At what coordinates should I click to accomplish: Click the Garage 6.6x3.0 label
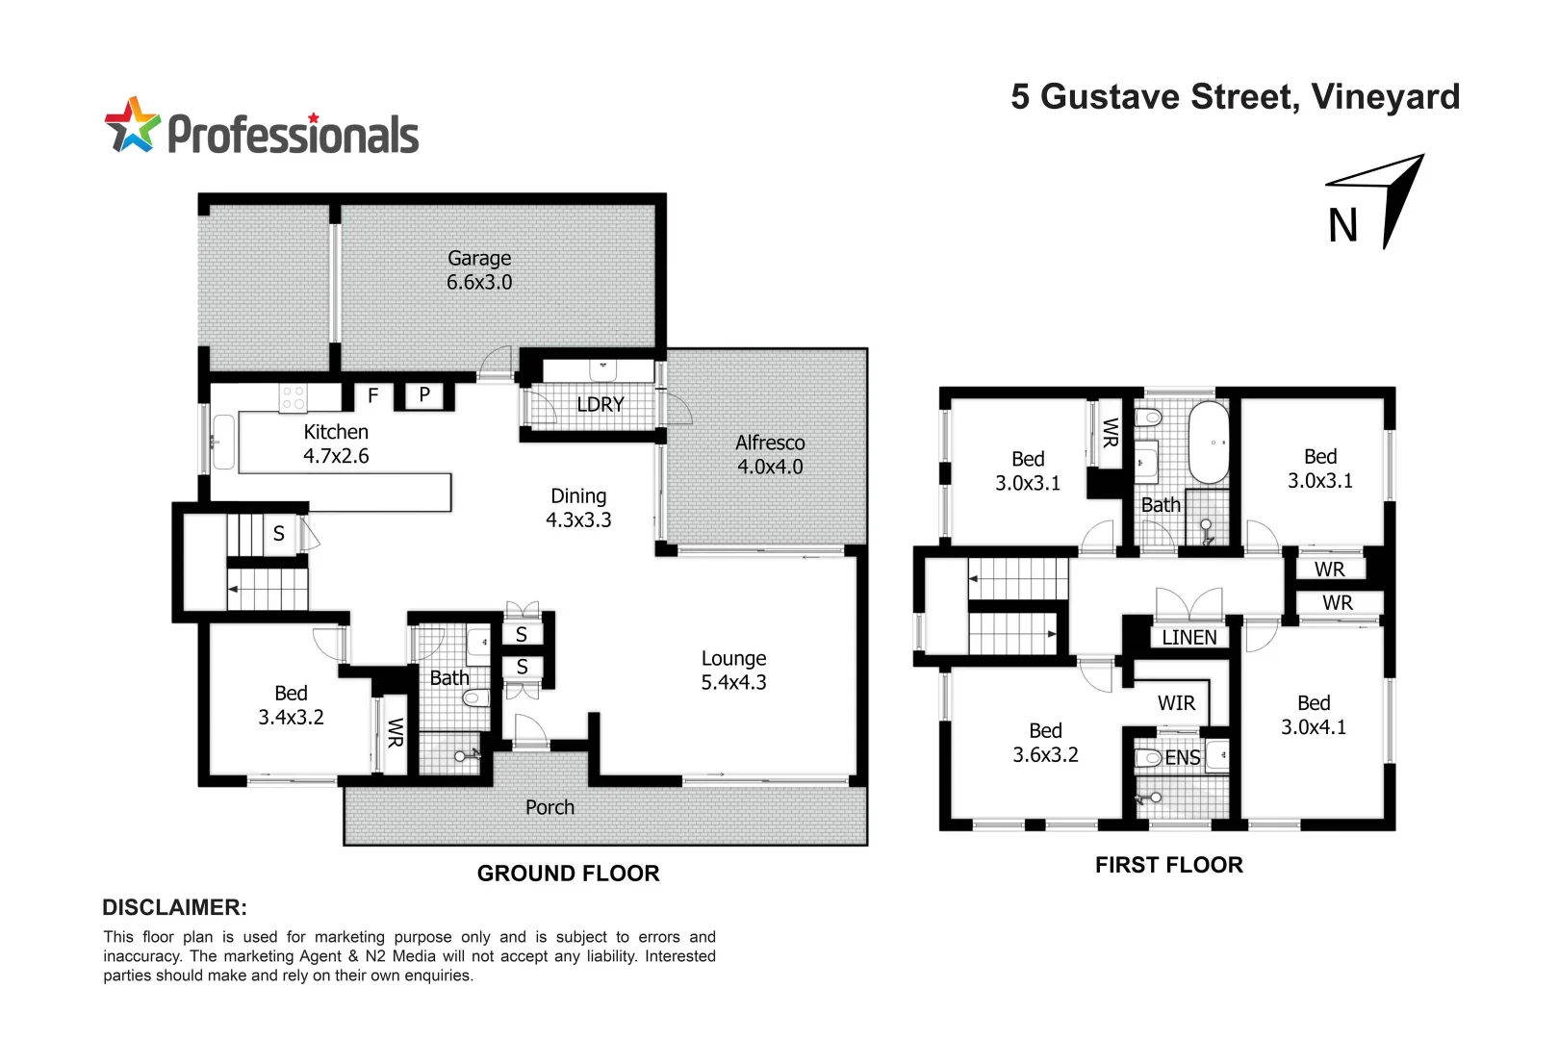tap(479, 270)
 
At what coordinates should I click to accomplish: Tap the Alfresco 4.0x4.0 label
tap(770, 454)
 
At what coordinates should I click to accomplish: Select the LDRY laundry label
tap(601, 404)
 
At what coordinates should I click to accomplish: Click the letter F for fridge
tap(373, 395)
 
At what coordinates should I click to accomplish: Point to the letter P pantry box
tap(424, 394)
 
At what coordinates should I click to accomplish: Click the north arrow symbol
tap(1392, 197)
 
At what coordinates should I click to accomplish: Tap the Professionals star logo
tap(132, 125)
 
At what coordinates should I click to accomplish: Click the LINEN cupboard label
tap(1189, 637)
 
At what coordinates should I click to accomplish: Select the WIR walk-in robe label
tap(1176, 703)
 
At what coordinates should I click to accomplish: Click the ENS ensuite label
tap(1183, 758)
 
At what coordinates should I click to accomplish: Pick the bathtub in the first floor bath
tap(1210, 443)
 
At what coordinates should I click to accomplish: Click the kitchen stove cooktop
tap(294, 398)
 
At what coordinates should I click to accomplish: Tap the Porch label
tap(549, 807)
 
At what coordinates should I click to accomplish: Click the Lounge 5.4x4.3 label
tap(733, 671)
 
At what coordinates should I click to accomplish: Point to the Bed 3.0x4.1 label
tap(1314, 715)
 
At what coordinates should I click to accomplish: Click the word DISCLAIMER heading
tap(174, 907)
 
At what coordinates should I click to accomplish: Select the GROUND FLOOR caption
tap(568, 874)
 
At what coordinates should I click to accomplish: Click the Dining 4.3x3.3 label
tap(578, 508)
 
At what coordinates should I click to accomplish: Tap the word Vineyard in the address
tap(1385, 97)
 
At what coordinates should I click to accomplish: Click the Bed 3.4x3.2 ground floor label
tap(291, 705)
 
